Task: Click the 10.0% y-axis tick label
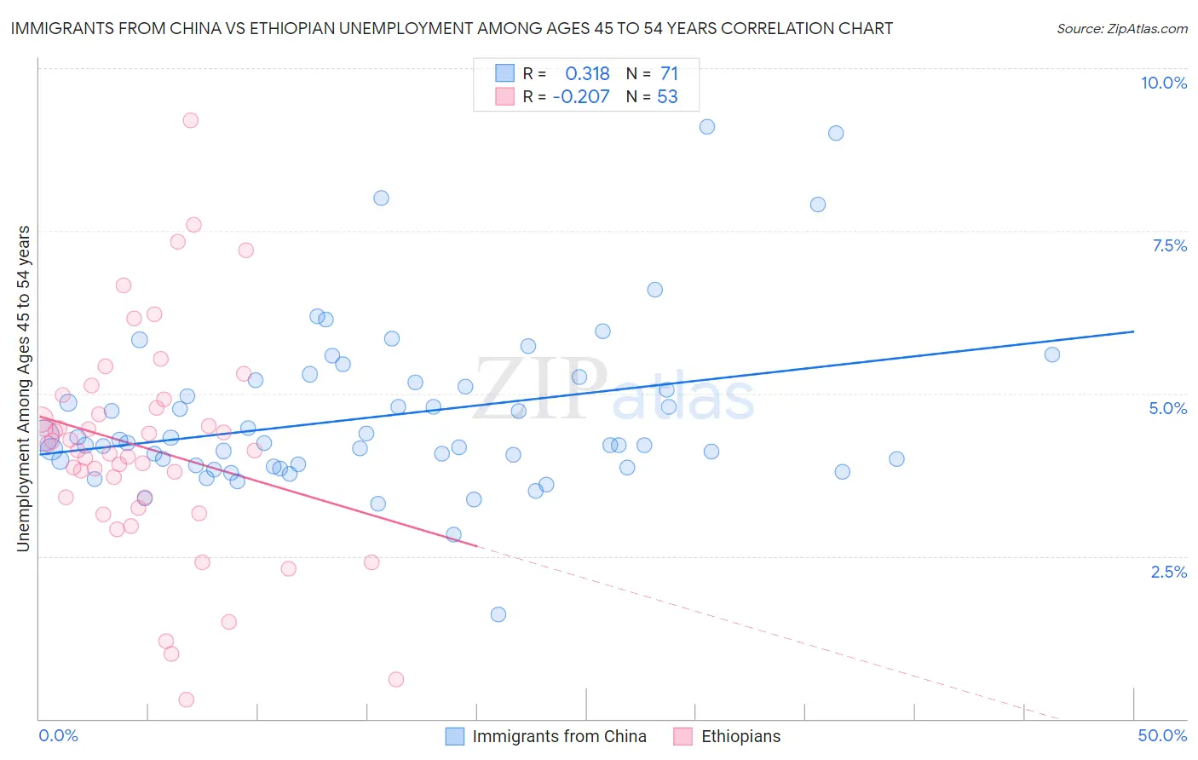(x=1163, y=83)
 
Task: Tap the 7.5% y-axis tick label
(x=1169, y=245)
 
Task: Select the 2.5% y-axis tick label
(x=1169, y=572)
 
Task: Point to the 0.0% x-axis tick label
(x=58, y=735)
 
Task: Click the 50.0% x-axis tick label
(x=1162, y=735)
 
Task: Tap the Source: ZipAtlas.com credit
(x=1121, y=28)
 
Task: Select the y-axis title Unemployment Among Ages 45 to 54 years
(x=24, y=389)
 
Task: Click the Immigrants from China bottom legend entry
(x=546, y=736)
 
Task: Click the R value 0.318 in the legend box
(x=587, y=74)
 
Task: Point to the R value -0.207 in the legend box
(x=581, y=96)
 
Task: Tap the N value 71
(x=669, y=74)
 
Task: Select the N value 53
(x=667, y=96)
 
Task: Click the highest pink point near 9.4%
(x=191, y=120)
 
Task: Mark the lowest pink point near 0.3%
(x=187, y=700)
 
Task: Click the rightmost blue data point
(x=1051, y=354)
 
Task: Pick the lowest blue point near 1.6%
(x=498, y=614)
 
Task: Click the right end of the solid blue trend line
(x=1133, y=331)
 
